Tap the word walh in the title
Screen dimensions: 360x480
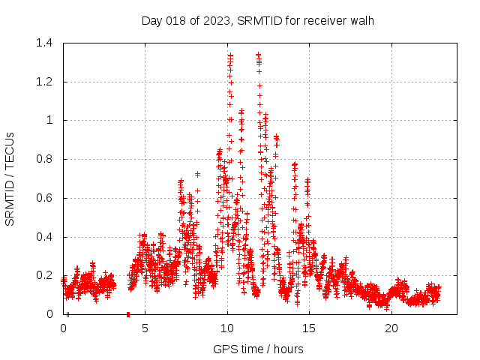pos(362,20)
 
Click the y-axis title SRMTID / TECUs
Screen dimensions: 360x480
pos(10,178)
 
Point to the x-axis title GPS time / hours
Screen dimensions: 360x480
pos(258,349)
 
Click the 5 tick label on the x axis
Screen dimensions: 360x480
pos(145,328)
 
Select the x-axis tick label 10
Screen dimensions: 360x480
pos(227,328)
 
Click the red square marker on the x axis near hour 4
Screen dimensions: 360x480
pos(128,313)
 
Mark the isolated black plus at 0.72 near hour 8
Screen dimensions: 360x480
pos(197,174)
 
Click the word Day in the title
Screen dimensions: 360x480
pos(152,20)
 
